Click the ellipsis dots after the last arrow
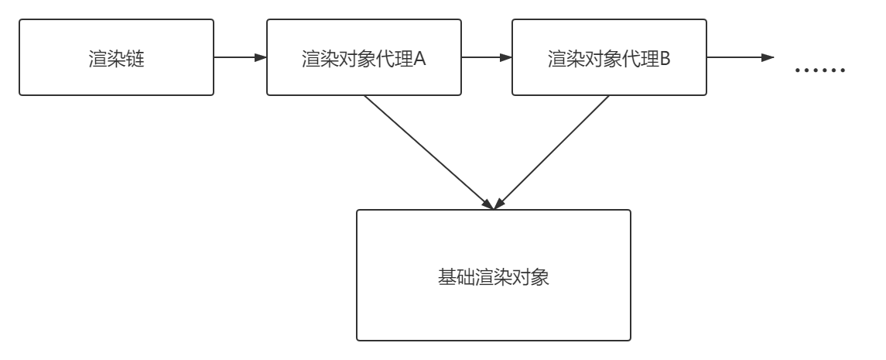[x=821, y=70]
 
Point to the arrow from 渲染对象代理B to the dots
[x=735, y=58]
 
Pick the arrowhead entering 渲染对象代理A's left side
[x=261, y=58]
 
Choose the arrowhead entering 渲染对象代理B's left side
[x=506, y=58]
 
